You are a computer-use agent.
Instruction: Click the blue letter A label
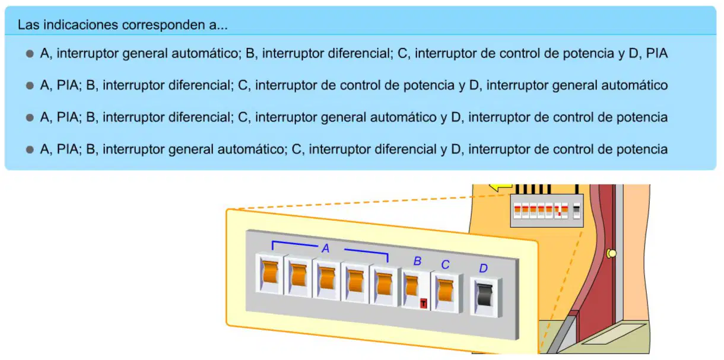tap(325, 248)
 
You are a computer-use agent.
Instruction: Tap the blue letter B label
tap(417, 261)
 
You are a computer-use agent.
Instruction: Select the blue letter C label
tap(446, 265)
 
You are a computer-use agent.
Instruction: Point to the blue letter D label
tap(483, 268)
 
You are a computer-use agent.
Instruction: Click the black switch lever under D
tap(485, 294)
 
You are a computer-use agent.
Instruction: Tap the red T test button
tap(423, 303)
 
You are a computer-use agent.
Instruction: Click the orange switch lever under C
tap(446, 290)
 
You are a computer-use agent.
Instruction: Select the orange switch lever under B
tap(412, 286)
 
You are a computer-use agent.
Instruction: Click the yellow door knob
tap(611, 253)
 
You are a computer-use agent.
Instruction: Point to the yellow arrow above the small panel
tap(500, 186)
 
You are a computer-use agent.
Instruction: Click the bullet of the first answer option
tap(30, 53)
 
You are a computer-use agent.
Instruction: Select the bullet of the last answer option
tap(30, 149)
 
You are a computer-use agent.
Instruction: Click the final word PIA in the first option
tap(657, 53)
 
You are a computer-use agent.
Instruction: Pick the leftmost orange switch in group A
tap(270, 272)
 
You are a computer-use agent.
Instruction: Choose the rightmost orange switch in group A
tap(385, 283)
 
